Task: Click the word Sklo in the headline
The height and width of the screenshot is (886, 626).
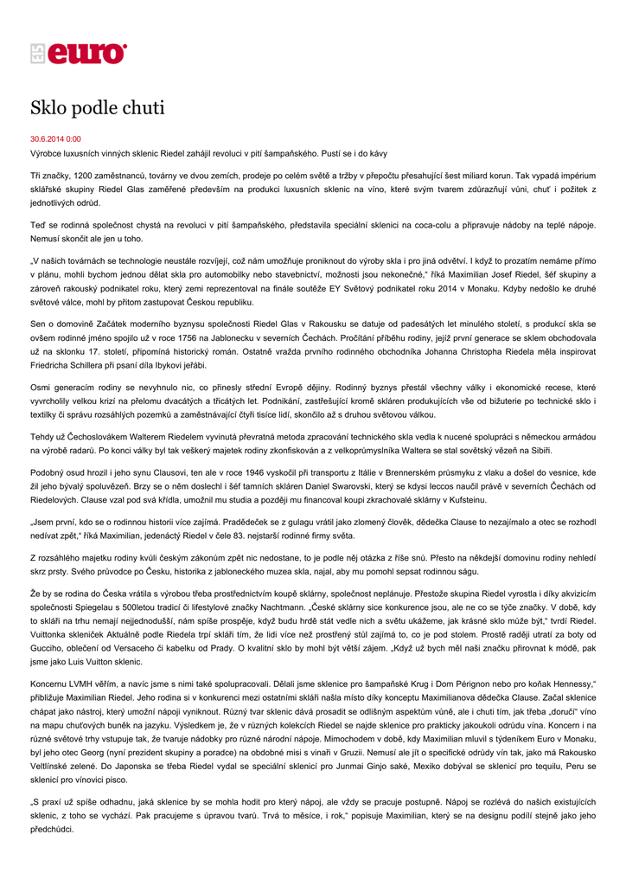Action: click(x=52, y=109)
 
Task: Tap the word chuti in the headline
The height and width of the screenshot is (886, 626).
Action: click(x=142, y=109)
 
